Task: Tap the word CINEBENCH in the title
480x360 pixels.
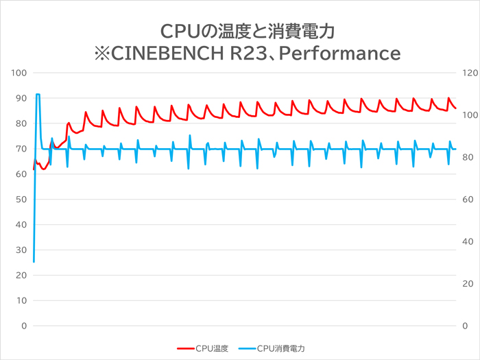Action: point(163,53)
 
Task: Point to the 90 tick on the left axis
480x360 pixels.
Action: point(20,98)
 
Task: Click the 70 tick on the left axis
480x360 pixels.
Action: point(20,149)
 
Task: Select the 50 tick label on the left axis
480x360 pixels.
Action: point(20,200)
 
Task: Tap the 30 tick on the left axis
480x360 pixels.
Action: point(20,250)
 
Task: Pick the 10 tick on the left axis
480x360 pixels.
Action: point(20,300)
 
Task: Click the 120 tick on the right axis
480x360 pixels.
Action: point(469,73)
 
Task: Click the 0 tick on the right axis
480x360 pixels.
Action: point(465,326)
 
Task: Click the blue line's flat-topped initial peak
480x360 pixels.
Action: point(38,95)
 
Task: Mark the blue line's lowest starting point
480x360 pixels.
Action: point(34,261)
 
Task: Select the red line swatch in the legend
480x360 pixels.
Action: point(185,348)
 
